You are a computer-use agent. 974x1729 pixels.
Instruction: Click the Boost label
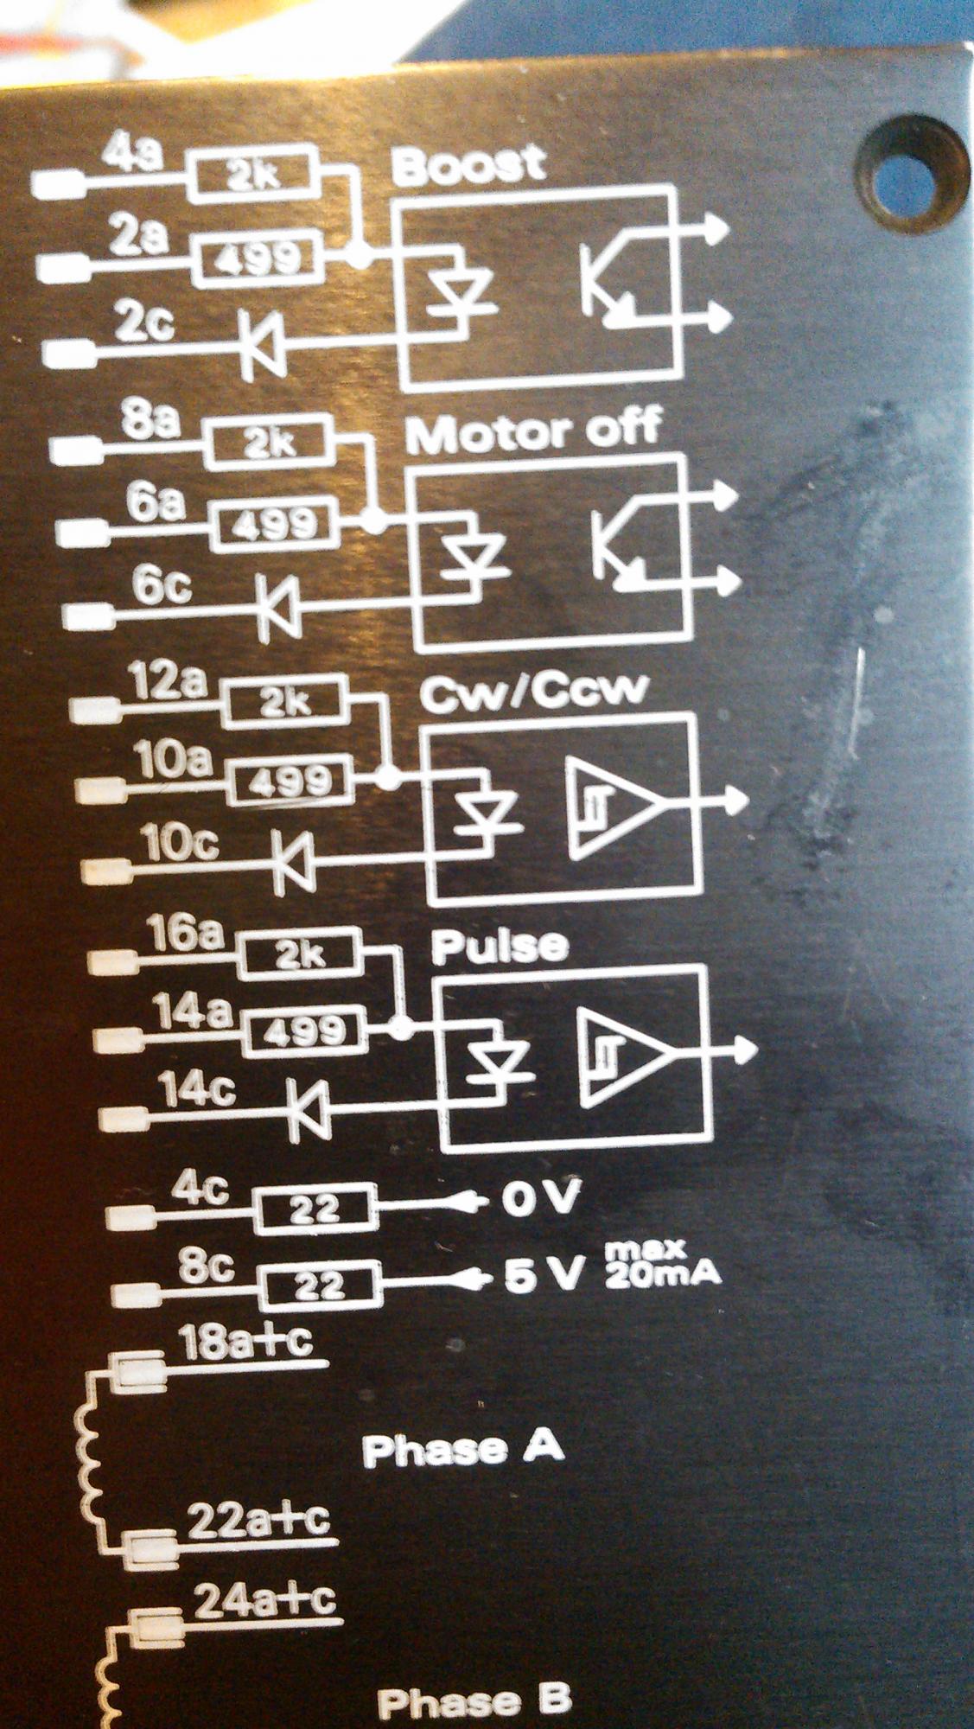tap(469, 164)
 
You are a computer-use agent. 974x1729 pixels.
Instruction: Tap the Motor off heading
tap(533, 431)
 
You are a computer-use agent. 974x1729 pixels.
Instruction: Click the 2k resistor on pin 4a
tap(252, 175)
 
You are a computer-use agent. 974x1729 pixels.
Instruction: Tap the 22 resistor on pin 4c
tap(315, 1208)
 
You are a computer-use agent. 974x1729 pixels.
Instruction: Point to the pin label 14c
tap(196, 1091)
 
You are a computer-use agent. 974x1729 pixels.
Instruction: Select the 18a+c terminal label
tap(245, 1343)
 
